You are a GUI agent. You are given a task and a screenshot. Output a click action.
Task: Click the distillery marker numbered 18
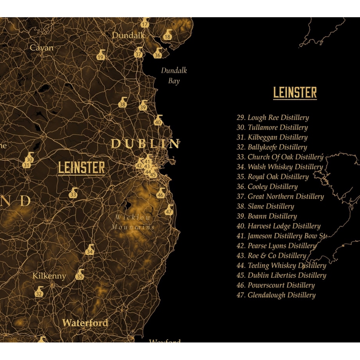[167, 35]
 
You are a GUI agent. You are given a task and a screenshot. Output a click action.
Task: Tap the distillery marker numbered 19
[101, 56]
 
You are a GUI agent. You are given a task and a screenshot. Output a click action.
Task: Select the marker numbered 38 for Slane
[123, 103]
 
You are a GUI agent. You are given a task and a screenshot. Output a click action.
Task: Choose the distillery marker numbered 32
[39, 292]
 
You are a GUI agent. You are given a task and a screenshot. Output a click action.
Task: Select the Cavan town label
[42, 48]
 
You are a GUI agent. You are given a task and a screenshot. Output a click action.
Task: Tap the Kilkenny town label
[49, 276]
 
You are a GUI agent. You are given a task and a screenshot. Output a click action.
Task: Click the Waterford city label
[85, 323]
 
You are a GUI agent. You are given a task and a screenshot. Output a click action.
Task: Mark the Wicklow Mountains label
[133, 222]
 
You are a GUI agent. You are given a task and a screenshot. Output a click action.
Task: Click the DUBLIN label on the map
[145, 144]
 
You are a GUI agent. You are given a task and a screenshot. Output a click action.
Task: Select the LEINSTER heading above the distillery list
[295, 93]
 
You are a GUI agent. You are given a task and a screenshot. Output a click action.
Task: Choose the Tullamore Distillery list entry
[272, 127]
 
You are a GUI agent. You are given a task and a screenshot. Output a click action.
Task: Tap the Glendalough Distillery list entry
[276, 295]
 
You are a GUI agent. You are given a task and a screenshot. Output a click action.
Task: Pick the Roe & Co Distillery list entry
[271, 256]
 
